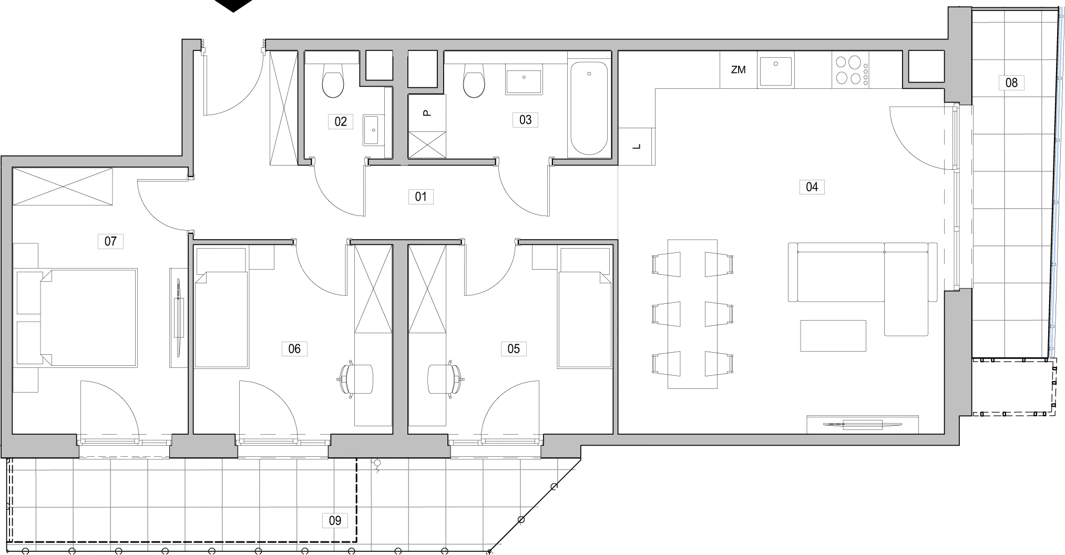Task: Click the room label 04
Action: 812,187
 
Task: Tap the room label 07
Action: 110,241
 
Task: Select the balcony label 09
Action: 335,520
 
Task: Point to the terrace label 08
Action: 1011,83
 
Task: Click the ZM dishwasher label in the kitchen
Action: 739,69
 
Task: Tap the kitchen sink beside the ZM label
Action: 776,70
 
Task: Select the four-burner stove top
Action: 851,70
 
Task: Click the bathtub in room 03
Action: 589,109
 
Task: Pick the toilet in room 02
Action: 333,81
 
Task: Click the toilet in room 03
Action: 474,81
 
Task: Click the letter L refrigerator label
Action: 637,147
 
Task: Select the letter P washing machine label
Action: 427,112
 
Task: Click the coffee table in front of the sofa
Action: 833,336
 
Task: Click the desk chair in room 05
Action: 446,378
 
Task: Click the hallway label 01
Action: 421,197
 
